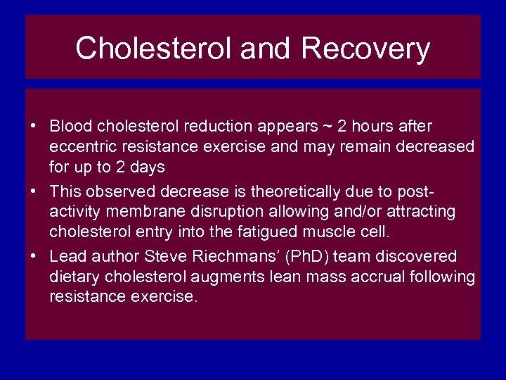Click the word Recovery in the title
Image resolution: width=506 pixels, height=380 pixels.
(x=365, y=49)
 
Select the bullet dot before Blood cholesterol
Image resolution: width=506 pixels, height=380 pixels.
(x=33, y=127)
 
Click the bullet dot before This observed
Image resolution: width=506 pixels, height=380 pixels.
(x=33, y=191)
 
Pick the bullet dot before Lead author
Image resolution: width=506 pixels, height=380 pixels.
(x=33, y=256)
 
